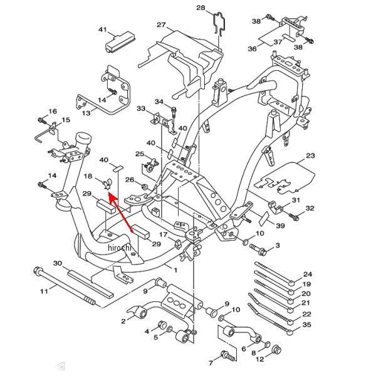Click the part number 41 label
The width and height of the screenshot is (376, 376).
(x=103, y=29)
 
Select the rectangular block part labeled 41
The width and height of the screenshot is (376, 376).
(x=120, y=42)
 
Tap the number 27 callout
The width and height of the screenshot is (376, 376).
(x=162, y=24)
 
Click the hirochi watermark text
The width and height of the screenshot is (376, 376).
(x=120, y=248)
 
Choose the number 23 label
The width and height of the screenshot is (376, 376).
(x=310, y=155)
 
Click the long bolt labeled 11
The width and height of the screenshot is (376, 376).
(x=65, y=287)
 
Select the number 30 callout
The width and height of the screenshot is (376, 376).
(x=58, y=263)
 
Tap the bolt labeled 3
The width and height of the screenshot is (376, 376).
(x=258, y=249)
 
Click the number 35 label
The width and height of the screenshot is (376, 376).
(x=306, y=325)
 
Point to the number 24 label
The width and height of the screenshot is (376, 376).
(x=308, y=274)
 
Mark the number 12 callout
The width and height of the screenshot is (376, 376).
(x=259, y=359)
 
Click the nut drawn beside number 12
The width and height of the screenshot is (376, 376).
(x=277, y=350)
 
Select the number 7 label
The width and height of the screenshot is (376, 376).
(x=211, y=363)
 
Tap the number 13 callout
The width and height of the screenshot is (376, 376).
(x=86, y=112)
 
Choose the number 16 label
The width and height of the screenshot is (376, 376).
(x=53, y=112)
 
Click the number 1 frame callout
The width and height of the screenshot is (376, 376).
(x=175, y=270)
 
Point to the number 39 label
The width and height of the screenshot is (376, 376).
(x=280, y=226)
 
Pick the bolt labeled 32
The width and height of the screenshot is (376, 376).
(x=294, y=217)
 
